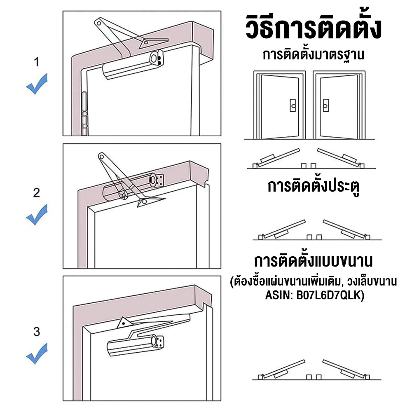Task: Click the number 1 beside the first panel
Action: point(37,62)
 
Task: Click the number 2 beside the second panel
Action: point(37,193)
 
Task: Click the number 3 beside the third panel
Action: point(37,332)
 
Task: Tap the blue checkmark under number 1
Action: point(37,84)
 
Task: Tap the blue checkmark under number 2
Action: point(37,215)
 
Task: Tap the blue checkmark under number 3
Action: point(37,353)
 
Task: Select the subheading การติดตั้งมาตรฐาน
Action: point(313,55)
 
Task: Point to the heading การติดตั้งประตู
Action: point(313,186)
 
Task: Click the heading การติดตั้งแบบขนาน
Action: point(313,261)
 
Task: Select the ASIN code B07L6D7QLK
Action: point(330,295)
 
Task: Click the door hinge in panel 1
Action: point(84,114)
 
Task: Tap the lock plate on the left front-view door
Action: point(293,105)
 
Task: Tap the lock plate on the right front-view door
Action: point(326,105)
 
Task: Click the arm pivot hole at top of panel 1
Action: point(99,23)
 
